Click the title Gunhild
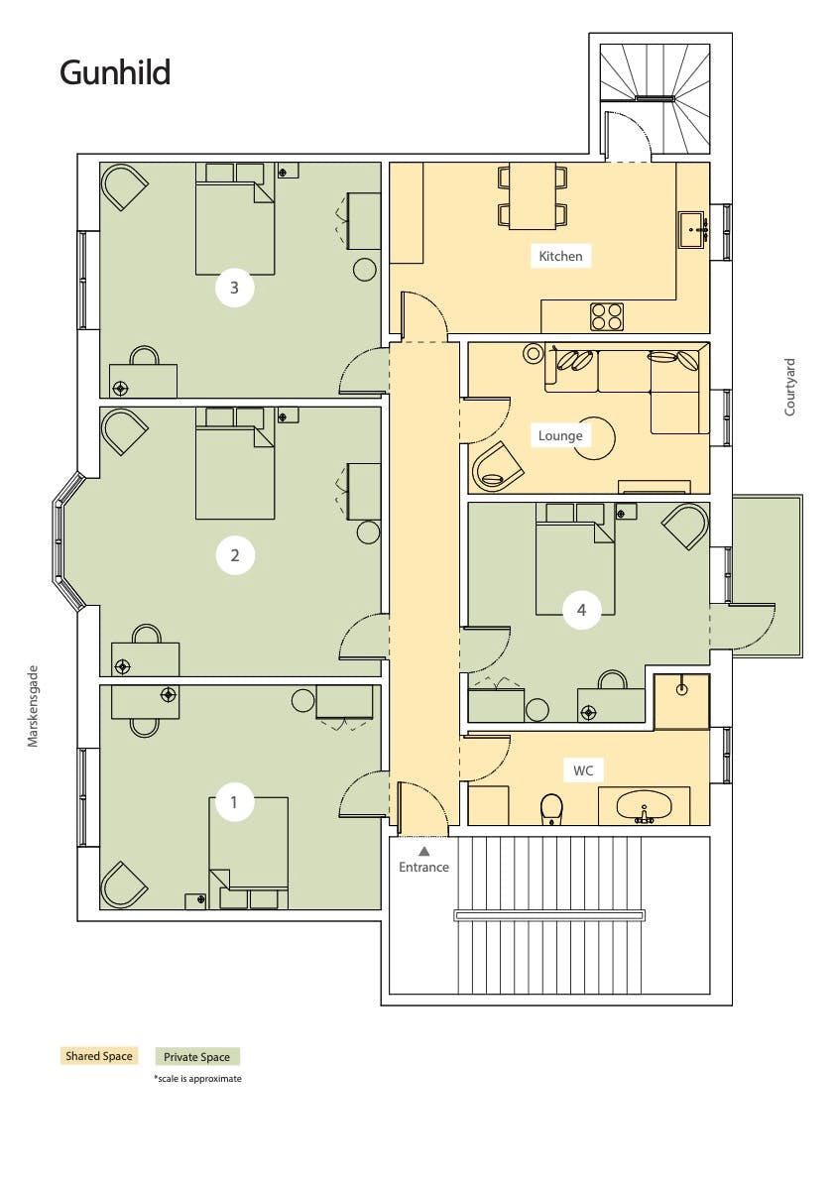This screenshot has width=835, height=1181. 115,73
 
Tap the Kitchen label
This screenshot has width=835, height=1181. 561,256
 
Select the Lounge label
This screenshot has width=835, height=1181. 560,435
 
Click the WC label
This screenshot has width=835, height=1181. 583,770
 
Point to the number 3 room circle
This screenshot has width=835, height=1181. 234,287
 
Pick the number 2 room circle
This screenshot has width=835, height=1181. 235,555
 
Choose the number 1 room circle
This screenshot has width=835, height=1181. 233,802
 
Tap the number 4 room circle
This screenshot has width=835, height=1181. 581,609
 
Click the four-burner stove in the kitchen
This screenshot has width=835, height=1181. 607,316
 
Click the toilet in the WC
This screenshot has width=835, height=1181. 552,809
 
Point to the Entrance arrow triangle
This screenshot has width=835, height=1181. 423,851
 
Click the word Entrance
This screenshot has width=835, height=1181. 423,867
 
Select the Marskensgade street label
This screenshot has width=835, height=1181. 33,706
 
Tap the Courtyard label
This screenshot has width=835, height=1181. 789,387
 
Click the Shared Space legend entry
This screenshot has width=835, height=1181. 98,1056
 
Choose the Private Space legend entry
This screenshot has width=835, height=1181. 197,1057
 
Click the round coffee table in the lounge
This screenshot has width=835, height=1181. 594,438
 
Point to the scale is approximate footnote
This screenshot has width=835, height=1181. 198,1079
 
